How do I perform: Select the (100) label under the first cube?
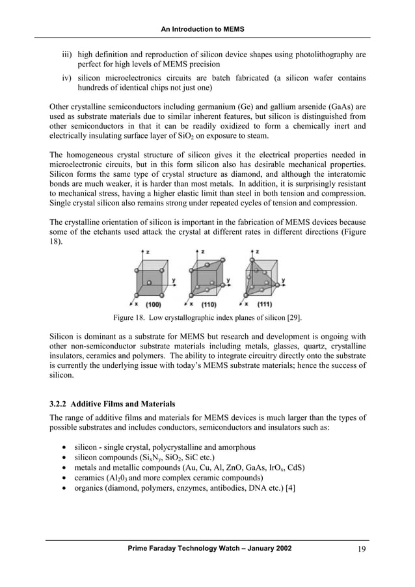(154, 304)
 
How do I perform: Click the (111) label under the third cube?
(263, 304)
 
